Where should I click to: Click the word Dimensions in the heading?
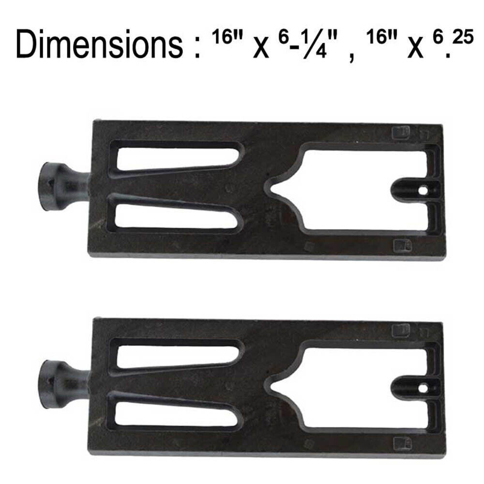point(99,44)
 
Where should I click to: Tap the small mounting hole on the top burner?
point(423,191)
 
